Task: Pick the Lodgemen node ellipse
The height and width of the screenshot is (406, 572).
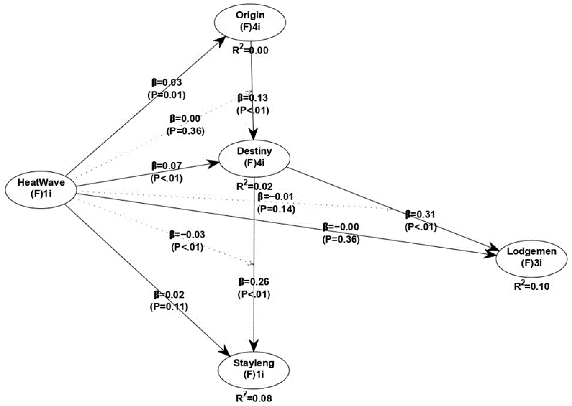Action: point(531,258)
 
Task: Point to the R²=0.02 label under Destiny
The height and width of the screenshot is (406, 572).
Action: point(254,186)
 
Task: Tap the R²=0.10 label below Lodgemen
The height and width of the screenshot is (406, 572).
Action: point(532,286)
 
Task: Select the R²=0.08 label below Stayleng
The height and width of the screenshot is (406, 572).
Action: point(254,398)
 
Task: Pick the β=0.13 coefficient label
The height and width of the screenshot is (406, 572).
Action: point(253,98)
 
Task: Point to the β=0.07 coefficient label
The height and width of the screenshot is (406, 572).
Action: point(166,166)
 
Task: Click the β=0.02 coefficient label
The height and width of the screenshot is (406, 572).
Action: point(169,295)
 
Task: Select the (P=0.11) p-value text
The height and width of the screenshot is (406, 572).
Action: point(169,307)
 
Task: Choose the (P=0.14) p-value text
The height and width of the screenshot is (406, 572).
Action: point(276,209)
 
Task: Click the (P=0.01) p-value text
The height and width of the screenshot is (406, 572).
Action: point(167,95)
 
